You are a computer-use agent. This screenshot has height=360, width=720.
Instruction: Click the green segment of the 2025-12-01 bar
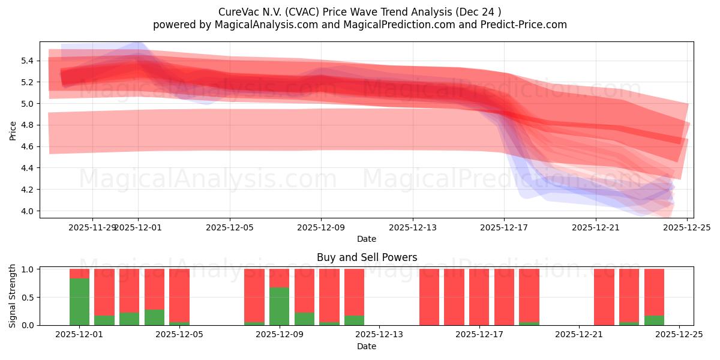(x=79, y=302)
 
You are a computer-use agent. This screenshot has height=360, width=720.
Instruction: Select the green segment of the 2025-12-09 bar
(x=279, y=307)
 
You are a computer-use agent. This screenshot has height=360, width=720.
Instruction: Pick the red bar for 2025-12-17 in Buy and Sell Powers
(x=479, y=297)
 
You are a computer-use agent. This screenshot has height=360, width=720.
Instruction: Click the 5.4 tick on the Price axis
(x=29, y=61)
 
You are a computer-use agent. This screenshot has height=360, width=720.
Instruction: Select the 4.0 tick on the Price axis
(x=29, y=211)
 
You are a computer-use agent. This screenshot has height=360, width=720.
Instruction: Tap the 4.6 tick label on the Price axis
(x=29, y=147)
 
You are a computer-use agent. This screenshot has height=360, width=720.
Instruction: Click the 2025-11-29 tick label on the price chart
(x=91, y=227)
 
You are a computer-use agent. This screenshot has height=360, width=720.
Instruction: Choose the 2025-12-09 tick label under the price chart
(x=321, y=227)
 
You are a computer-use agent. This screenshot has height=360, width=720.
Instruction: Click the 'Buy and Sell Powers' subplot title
(x=367, y=257)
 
